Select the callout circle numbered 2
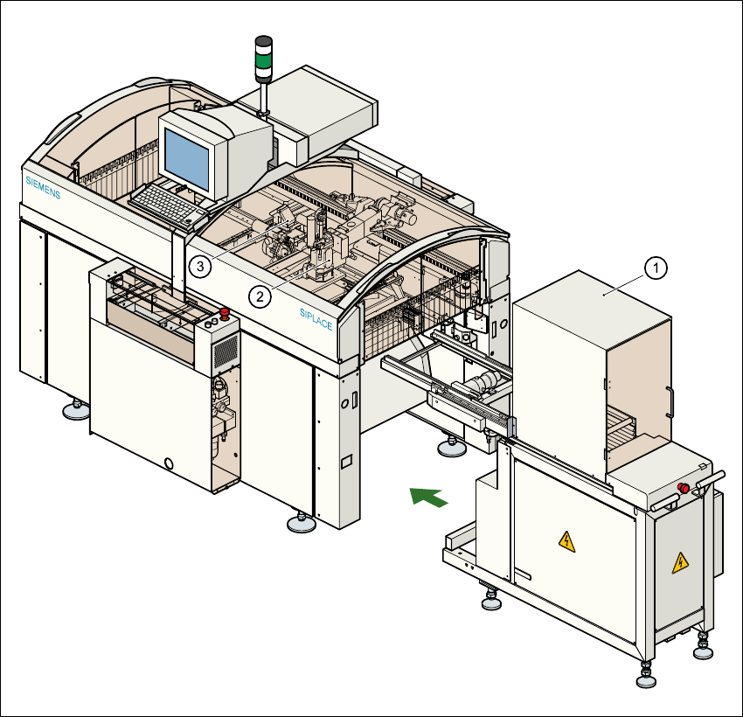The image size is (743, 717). (260, 296)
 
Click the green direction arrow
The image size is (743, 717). (429, 497)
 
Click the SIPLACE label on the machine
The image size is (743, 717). (316, 317)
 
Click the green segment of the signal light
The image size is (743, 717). (263, 62)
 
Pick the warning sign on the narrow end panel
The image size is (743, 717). (679, 564)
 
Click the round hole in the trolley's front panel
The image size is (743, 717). (170, 461)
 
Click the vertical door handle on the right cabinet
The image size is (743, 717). (670, 403)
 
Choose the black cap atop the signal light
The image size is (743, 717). (263, 41)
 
